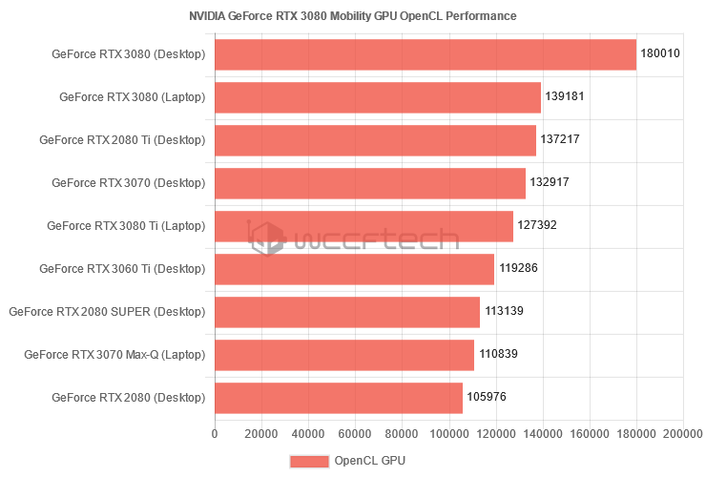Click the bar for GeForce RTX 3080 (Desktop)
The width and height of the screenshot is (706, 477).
426,54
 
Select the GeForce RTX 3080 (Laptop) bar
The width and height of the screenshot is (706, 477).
378,97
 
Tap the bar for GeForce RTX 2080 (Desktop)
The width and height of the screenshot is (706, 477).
339,397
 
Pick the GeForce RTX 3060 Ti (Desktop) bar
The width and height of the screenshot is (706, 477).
355,269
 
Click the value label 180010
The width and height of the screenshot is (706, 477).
660,54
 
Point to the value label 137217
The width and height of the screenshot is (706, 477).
560,139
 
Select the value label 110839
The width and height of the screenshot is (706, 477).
498,354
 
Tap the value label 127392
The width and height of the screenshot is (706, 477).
537,226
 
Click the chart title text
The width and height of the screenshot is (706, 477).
353,16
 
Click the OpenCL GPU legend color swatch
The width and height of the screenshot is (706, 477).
309,461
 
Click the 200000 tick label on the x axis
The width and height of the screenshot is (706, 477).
683,434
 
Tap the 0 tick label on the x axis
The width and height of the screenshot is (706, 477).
215,434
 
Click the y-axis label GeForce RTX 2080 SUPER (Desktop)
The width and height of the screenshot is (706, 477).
107,312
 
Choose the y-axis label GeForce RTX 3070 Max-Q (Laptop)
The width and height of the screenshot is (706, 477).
114,355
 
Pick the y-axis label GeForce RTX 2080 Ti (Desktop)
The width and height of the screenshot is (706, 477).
122,140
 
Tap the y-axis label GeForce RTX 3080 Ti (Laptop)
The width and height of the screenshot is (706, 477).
126,226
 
